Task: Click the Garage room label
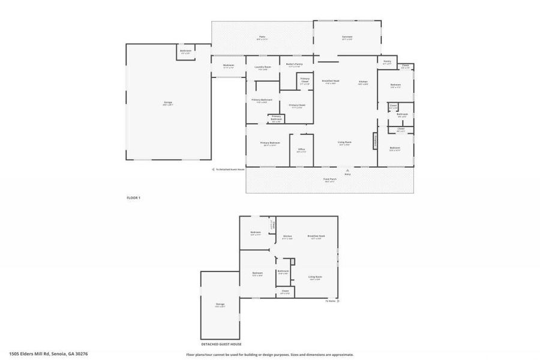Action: coord(168,103)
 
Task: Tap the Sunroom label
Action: coord(347,37)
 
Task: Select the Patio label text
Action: coord(262,37)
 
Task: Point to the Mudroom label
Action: coord(228,65)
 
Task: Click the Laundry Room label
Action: coord(263,67)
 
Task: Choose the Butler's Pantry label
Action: coord(294,64)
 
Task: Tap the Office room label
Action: coord(301,150)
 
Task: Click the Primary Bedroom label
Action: coord(270,143)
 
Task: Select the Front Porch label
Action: coord(329,179)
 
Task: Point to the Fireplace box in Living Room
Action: coord(376,140)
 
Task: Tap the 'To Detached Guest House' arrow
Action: coord(213,169)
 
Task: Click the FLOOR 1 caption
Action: coord(133,197)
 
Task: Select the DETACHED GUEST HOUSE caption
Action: coord(221,344)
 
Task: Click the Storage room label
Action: coord(220,305)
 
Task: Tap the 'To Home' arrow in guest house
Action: coord(338,301)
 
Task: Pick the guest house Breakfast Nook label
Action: coord(316,236)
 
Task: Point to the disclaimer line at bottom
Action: coord(269,355)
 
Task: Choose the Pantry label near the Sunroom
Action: coord(387,61)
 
